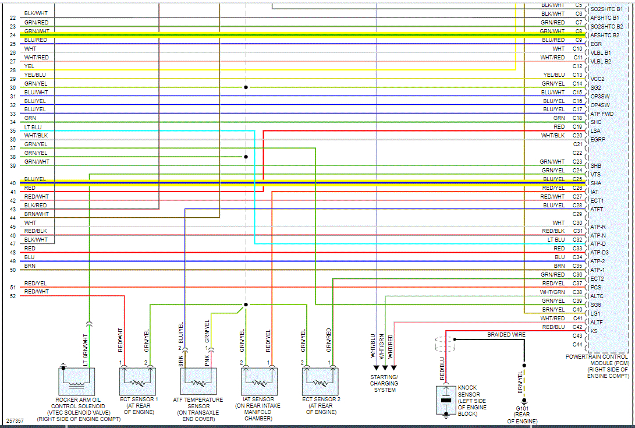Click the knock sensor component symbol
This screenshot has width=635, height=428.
coord(446,400)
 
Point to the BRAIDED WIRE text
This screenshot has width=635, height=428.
coord(506,335)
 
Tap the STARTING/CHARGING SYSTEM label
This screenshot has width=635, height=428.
coord(384,383)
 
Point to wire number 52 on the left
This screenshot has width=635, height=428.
coord(13,296)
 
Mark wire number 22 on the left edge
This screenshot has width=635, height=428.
coord(13,18)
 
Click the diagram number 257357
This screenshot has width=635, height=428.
coord(15,420)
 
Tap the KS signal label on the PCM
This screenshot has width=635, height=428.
coord(594,331)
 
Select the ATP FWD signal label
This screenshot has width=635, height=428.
coord(602,114)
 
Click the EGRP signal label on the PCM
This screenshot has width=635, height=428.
coord(598,140)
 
